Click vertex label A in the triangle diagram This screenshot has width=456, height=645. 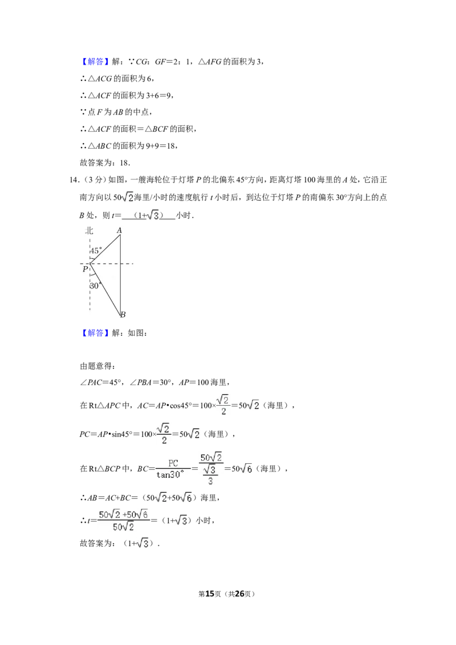119,230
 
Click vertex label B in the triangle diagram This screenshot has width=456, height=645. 123,315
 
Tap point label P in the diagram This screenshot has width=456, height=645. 85,269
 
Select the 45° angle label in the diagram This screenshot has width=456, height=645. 96,251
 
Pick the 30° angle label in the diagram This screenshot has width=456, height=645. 95,285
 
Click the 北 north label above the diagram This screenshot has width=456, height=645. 89,230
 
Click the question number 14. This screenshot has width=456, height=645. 74,179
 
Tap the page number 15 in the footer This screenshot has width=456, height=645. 210,594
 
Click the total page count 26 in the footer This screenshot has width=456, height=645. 239,594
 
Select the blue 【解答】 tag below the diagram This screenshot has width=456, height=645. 95,333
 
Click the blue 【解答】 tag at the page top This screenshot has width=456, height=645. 95,62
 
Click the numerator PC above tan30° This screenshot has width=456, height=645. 173,463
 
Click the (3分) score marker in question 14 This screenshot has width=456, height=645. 92,179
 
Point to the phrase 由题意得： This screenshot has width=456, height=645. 97,366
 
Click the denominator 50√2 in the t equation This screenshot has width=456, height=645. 123,526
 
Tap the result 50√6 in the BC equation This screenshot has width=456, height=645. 242,468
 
